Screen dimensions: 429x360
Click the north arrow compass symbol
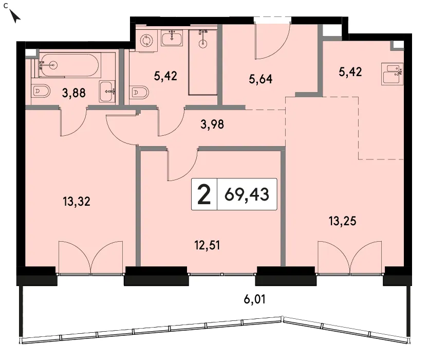pos(15,16)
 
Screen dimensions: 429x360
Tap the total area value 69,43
pos(247,194)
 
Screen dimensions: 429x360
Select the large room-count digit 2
pos(204,194)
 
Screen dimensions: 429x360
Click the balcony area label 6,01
pos(254,299)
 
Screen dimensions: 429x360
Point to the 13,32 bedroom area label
pos(77,202)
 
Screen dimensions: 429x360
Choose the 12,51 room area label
pos(207,245)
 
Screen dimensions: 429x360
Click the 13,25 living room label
pos(343,221)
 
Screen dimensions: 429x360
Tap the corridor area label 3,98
pos(212,124)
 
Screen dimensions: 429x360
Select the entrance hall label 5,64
pos(260,79)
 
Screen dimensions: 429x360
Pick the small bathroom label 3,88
pos(73,93)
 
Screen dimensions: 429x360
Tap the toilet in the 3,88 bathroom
pos(41,91)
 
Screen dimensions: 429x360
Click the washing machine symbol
pos(146,41)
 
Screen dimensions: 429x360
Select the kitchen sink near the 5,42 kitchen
pos(393,74)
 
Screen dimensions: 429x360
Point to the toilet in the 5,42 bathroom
pos(140,92)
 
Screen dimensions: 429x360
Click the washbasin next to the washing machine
pos(172,39)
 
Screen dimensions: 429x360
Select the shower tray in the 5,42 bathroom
pos(203,62)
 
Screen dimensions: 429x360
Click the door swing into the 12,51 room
pos(182,165)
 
